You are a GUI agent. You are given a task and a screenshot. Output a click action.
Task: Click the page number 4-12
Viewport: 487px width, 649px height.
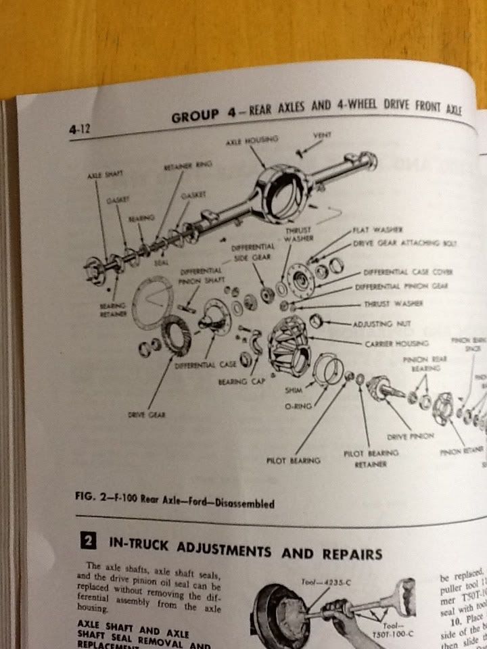(80, 127)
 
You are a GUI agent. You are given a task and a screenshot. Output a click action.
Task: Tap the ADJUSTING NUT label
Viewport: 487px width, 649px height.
(374, 324)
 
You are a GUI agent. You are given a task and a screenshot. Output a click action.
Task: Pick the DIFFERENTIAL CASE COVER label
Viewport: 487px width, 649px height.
(408, 272)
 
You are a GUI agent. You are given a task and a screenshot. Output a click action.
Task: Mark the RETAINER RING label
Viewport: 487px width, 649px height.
(183, 166)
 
